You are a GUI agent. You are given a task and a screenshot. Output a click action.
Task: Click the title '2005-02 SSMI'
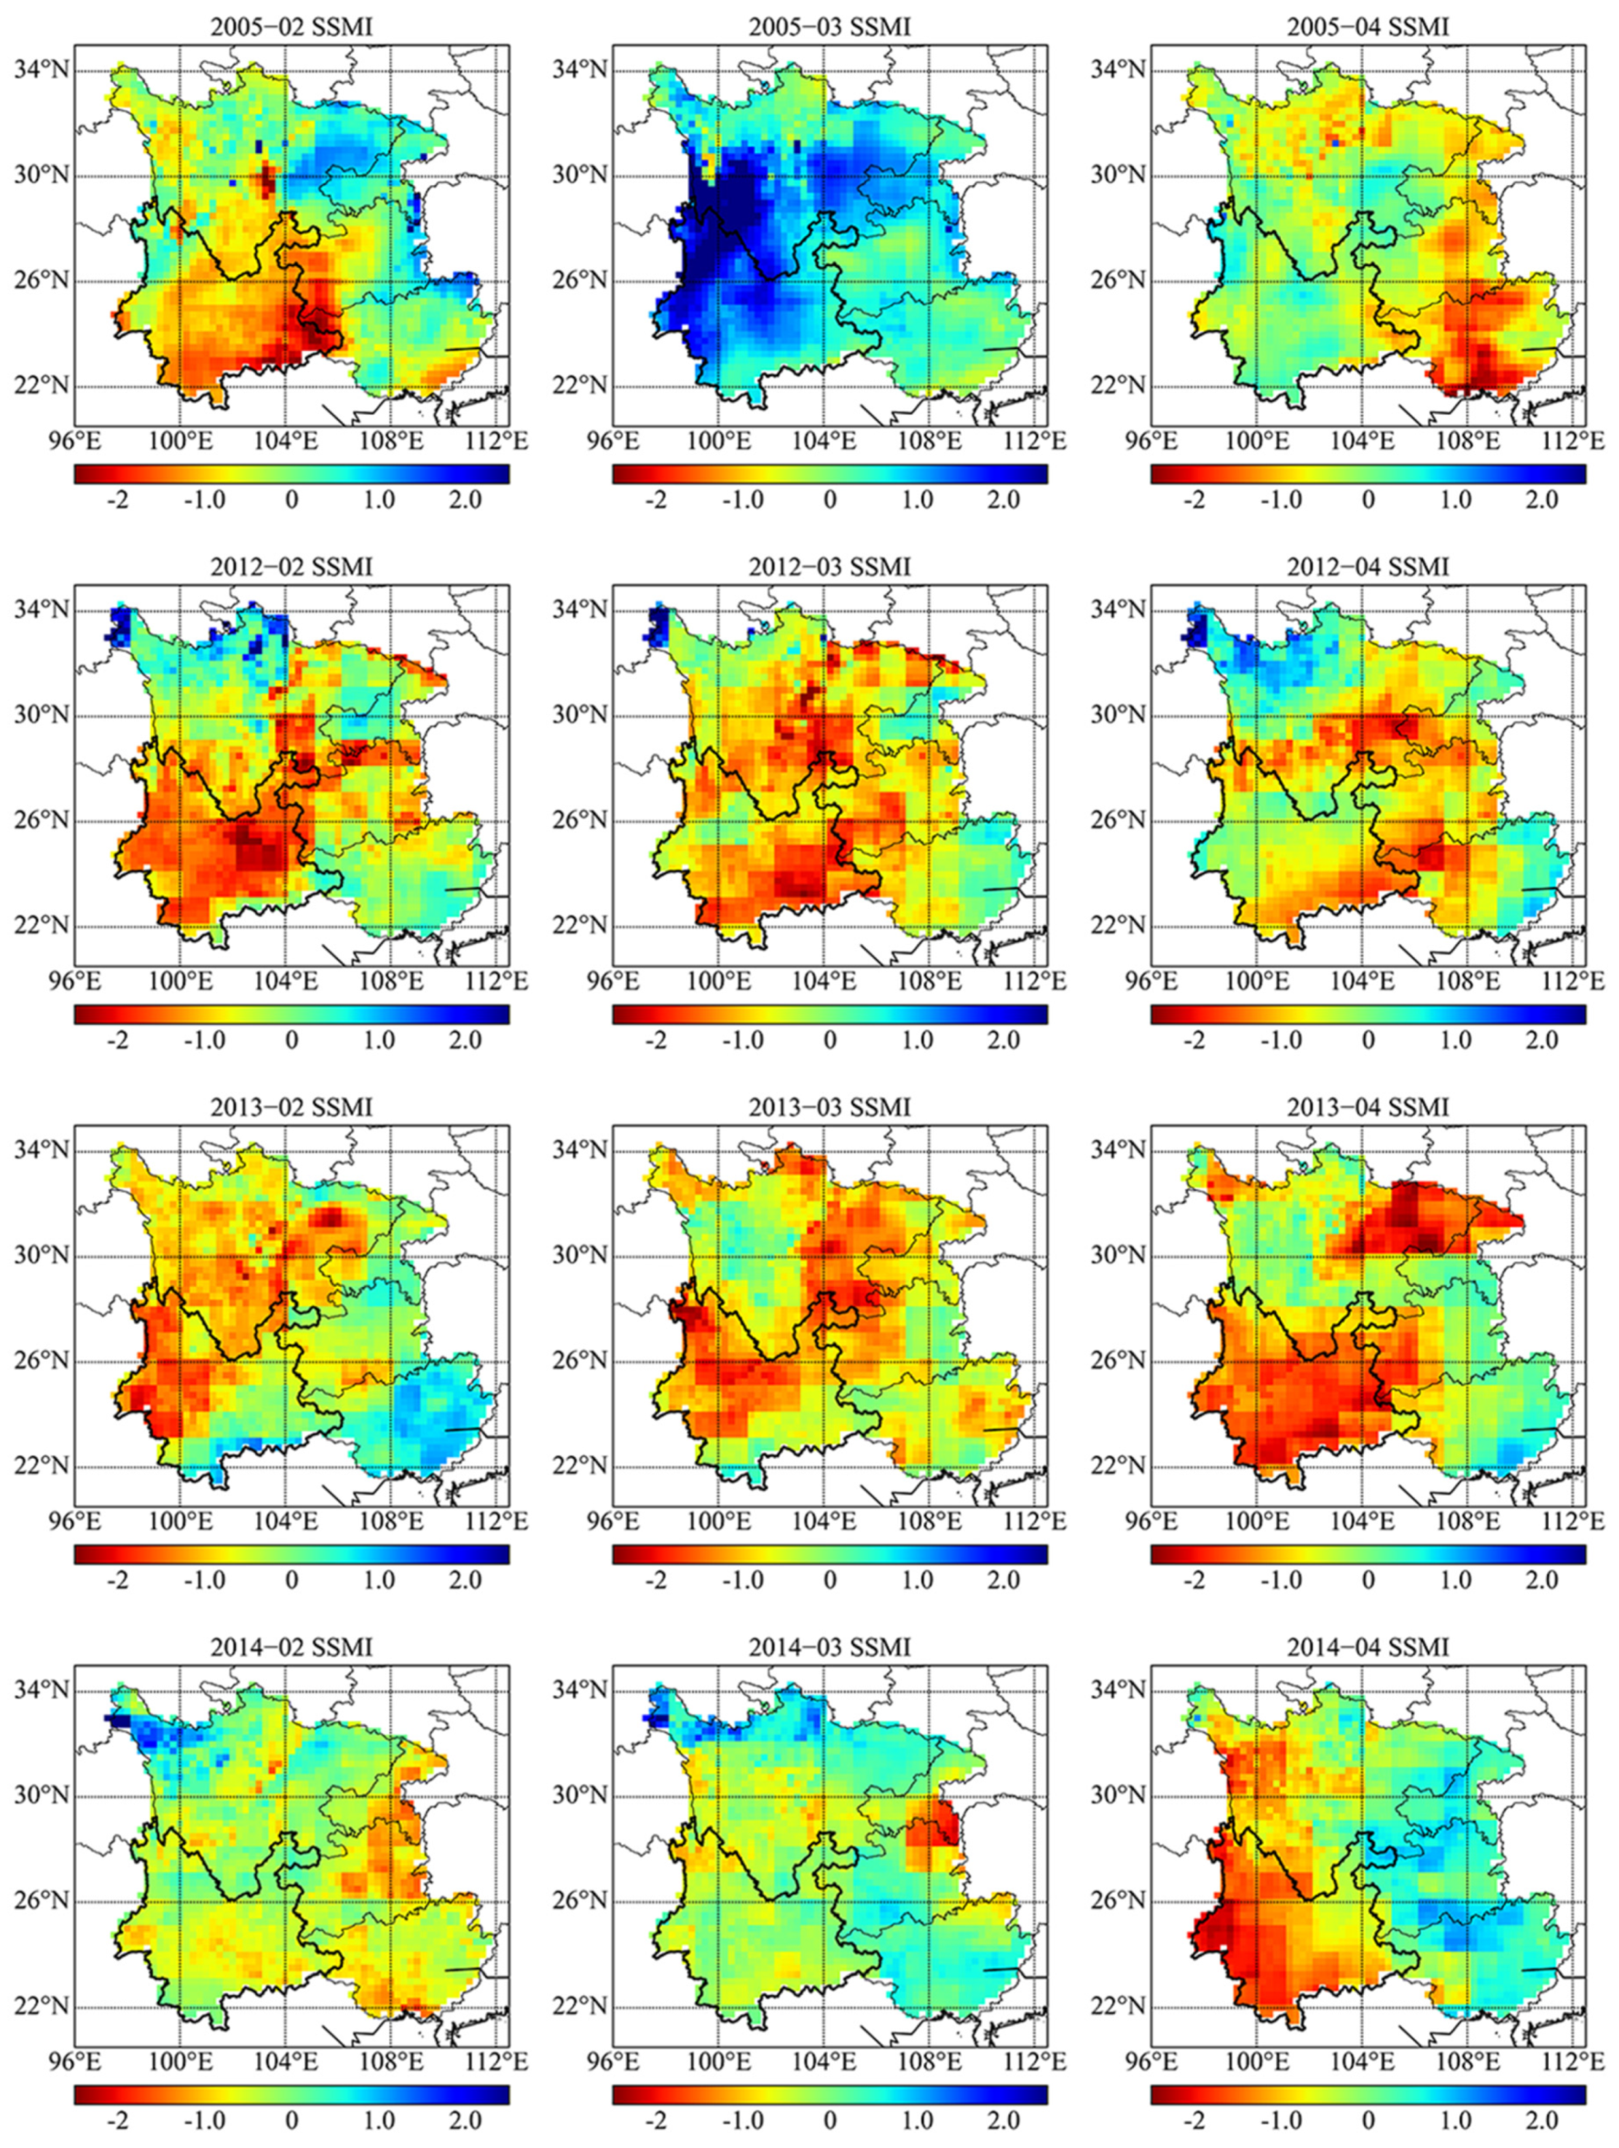pos(292,27)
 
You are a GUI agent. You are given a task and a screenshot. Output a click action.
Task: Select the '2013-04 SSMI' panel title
pos(1367,1107)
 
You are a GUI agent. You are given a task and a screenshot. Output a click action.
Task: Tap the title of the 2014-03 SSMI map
pos(830,1647)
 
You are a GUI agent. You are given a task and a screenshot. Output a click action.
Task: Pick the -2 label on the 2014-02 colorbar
pos(117,2120)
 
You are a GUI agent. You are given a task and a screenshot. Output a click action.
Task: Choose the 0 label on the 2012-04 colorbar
pos(1367,1040)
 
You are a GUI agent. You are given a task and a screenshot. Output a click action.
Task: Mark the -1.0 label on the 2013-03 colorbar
pos(743,1580)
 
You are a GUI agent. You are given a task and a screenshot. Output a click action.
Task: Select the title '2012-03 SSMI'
pos(830,567)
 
